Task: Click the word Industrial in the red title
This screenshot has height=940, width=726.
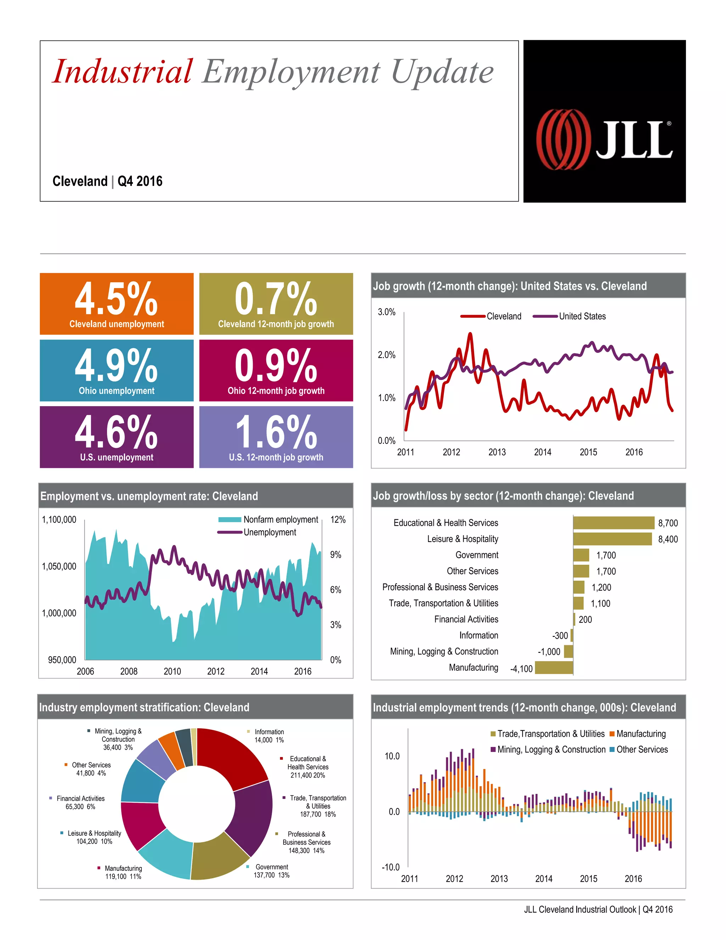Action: tap(123, 71)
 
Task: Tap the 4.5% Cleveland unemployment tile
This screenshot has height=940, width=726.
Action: tap(117, 303)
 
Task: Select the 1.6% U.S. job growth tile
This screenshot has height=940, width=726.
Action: tap(276, 437)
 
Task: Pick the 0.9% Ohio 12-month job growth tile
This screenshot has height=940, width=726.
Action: tap(276, 370)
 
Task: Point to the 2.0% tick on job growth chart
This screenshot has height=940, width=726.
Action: tap(386, 355)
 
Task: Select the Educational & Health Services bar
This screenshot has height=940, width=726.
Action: tap(613, 523)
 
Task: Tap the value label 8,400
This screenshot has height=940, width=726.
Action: tap(668, 539)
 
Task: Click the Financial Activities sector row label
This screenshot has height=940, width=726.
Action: tap(466, 619)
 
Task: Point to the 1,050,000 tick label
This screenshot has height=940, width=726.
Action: tap(59, 566)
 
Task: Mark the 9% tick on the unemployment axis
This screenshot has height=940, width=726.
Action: tap(335, 555)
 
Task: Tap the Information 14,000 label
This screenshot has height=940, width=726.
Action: tap(269, 736)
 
